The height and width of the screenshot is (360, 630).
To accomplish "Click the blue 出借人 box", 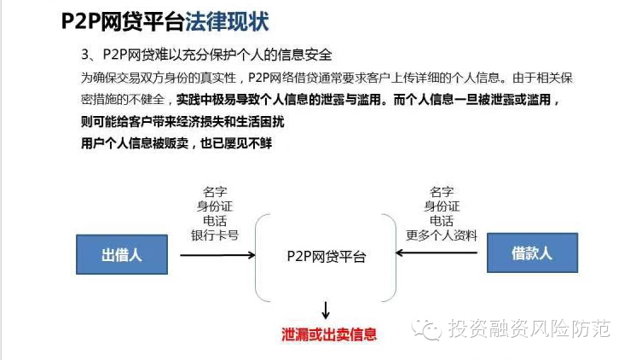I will tap(121, 254).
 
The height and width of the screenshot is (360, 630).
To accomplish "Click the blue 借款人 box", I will tap(532, 253).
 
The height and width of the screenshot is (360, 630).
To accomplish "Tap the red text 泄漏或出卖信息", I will tap(329, 334).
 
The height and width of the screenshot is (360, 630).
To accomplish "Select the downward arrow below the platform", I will tap(325, 308).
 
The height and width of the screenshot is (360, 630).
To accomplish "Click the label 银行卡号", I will tap(215, 235).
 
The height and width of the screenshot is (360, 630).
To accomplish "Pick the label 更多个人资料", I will tap(442, 235).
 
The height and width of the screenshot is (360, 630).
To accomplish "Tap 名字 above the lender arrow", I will tap(215, 190).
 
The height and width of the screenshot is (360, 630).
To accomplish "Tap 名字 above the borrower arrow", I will tap(442, 190).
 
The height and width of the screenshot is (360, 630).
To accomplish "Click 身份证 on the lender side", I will tap(215, 205).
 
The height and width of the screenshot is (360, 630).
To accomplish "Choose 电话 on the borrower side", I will tap(442, 220).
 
